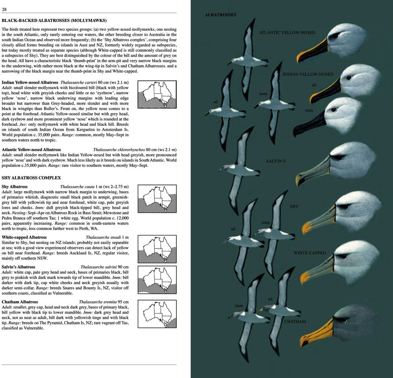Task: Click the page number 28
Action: pos(4,9)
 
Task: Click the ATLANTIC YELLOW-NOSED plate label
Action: pos(287,32)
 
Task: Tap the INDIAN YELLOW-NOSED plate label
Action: pos(308,74)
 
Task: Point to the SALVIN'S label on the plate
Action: pos(276,161)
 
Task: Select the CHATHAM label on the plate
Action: pos(295,322)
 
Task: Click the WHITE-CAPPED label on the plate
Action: pos(310,253)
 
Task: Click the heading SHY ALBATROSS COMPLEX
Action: pos(31,178)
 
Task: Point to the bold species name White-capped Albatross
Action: pos(24,237)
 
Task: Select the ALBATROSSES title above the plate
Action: pos(220,15)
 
